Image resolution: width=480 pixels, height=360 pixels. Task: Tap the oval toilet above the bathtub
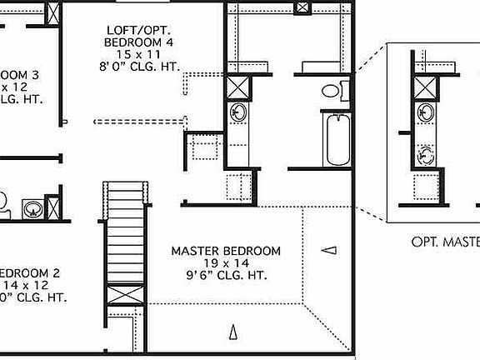pyautogui.click(x=332, y=90)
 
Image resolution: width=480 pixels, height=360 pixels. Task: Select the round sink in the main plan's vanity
pyautogui.click(x=238, y=112)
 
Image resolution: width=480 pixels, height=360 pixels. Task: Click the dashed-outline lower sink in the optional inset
pyautogui.click(x=426, y=154)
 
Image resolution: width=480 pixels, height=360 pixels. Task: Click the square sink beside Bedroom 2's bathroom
pyautogui.click(x=32, y=207)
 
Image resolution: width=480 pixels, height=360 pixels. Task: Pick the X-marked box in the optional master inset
pyautogui.click(x=426, y=87)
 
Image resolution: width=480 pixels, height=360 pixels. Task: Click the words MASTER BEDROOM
pyautogui.click(x=226, y=251)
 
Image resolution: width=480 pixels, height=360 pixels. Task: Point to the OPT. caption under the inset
pyautogui.click(x=427, y=242)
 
